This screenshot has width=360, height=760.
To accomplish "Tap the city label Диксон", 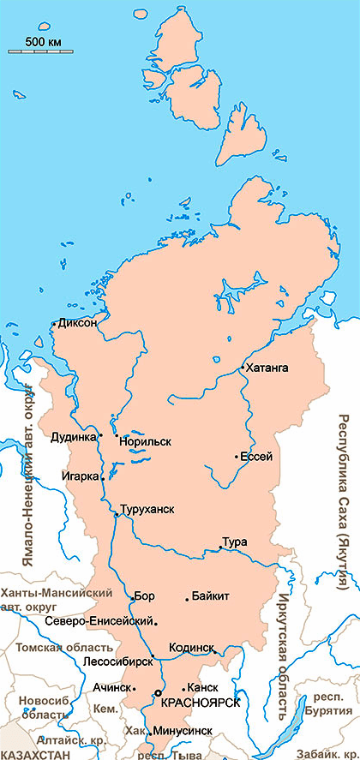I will coord(78,323).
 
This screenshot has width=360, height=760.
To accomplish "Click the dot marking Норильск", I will coord(117,435).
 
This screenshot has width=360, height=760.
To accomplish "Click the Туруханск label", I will coord(147,509).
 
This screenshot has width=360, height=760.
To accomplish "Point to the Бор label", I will coord(144,595).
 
